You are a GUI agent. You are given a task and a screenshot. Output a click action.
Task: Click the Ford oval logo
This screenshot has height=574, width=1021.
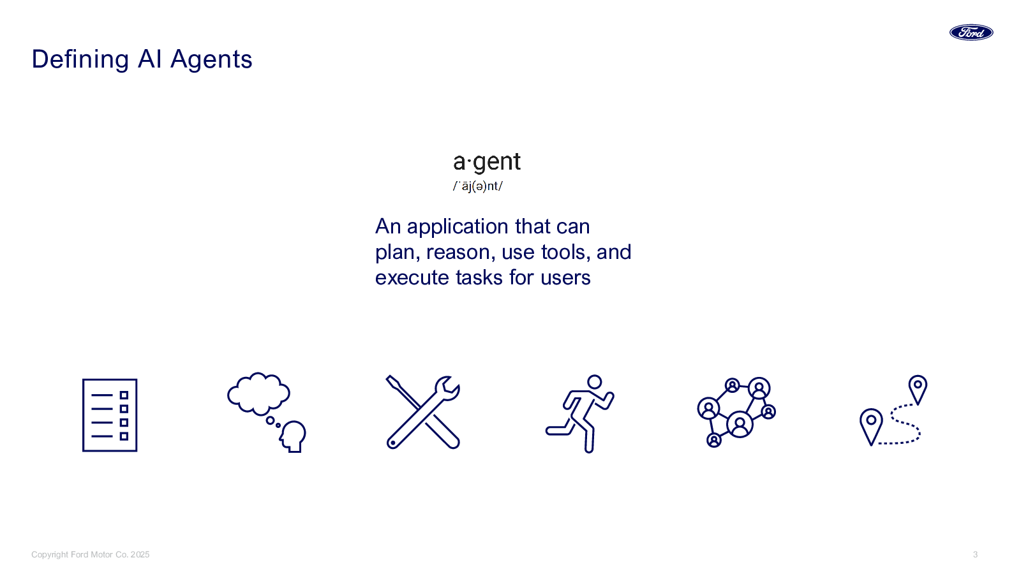click(971, 33)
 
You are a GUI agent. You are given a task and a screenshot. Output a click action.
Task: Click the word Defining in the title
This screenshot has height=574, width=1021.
click(80, 59)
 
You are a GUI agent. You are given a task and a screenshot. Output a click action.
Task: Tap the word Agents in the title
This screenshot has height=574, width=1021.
click(211, 59)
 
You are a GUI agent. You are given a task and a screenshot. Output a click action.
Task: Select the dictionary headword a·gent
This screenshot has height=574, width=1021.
click(486, 162)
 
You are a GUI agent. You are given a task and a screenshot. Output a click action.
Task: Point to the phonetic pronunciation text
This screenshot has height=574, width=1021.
click(478, 186)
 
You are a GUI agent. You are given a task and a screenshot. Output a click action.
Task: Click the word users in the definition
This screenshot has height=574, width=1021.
click(565, 278)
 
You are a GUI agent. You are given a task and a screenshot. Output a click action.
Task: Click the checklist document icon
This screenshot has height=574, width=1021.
click(110, 415)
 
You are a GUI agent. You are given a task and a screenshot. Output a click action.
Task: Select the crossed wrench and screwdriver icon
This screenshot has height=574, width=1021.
click(423, 413)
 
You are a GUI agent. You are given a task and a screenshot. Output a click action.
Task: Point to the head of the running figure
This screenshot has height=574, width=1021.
click(594, 382)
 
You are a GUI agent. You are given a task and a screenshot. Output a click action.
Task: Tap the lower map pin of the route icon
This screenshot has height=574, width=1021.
click(871, 424)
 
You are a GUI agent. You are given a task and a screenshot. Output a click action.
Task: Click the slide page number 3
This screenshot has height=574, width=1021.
click(975, 555)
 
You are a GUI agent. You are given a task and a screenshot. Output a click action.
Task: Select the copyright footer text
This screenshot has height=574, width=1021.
click(91, 555)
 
